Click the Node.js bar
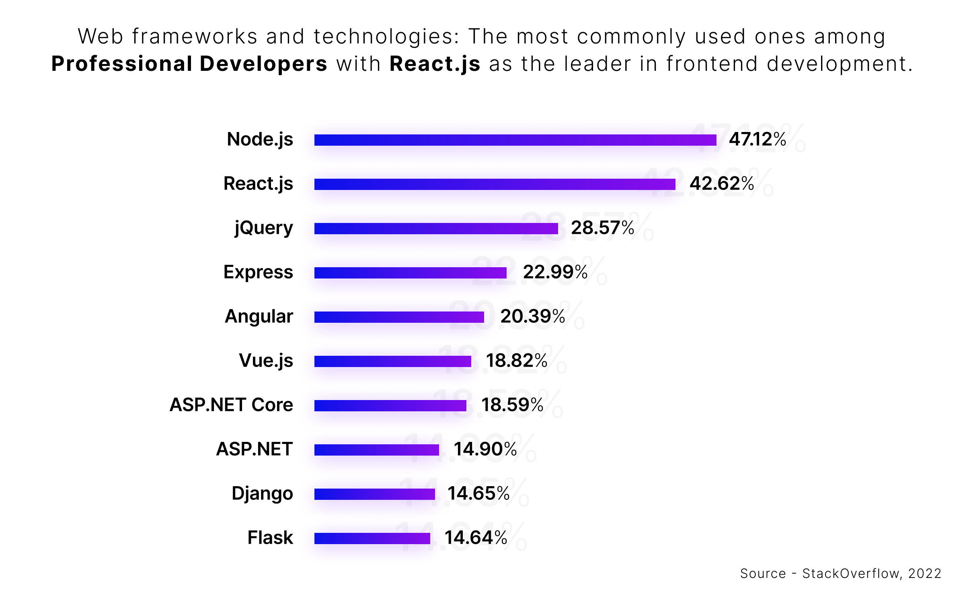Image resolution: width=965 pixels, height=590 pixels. point(515,140)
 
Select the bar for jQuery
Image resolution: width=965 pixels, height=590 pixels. point(436,229)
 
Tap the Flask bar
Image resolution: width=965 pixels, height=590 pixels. point(372,538)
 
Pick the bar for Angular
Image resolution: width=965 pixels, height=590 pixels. point(399,317)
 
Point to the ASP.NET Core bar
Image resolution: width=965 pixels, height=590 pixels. point(390,406)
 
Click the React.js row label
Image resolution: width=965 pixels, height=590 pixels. point(258,184)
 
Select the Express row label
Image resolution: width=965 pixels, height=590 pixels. point(258,272)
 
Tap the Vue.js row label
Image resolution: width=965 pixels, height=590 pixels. point(266,361)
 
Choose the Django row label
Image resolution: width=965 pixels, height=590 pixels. point(262,494)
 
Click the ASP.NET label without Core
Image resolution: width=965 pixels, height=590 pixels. point(254,449)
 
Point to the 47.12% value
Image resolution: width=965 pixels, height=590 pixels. point(758,140)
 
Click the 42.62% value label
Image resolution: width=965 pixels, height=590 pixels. point(722,184)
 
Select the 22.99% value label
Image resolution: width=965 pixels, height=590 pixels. point(555,272)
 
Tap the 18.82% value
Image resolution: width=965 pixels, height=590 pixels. point(517,361)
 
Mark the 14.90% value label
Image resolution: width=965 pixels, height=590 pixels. point(485,450)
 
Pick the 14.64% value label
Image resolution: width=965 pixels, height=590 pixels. point(476,538)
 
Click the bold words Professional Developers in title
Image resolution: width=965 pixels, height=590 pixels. point(189,64)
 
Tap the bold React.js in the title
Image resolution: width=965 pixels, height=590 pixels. point(435,64)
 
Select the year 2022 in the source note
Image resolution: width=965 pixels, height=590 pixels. point(925,573)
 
